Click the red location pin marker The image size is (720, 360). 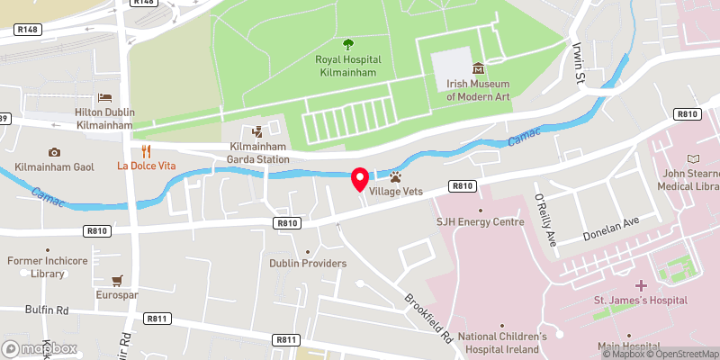[360, 179]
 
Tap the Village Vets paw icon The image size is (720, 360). [394, 176]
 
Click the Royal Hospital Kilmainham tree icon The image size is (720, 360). [348, 43]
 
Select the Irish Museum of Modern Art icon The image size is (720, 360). [477, 68]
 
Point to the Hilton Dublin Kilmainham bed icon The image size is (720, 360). [104, 97]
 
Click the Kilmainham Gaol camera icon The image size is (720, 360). [54, 152]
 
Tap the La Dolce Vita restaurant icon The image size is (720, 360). [145, 151]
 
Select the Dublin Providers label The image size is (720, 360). [308, 263]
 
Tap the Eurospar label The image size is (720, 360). [118, 294]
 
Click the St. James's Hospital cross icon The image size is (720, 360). [640, 284]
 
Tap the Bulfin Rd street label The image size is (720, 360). [47, 310]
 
